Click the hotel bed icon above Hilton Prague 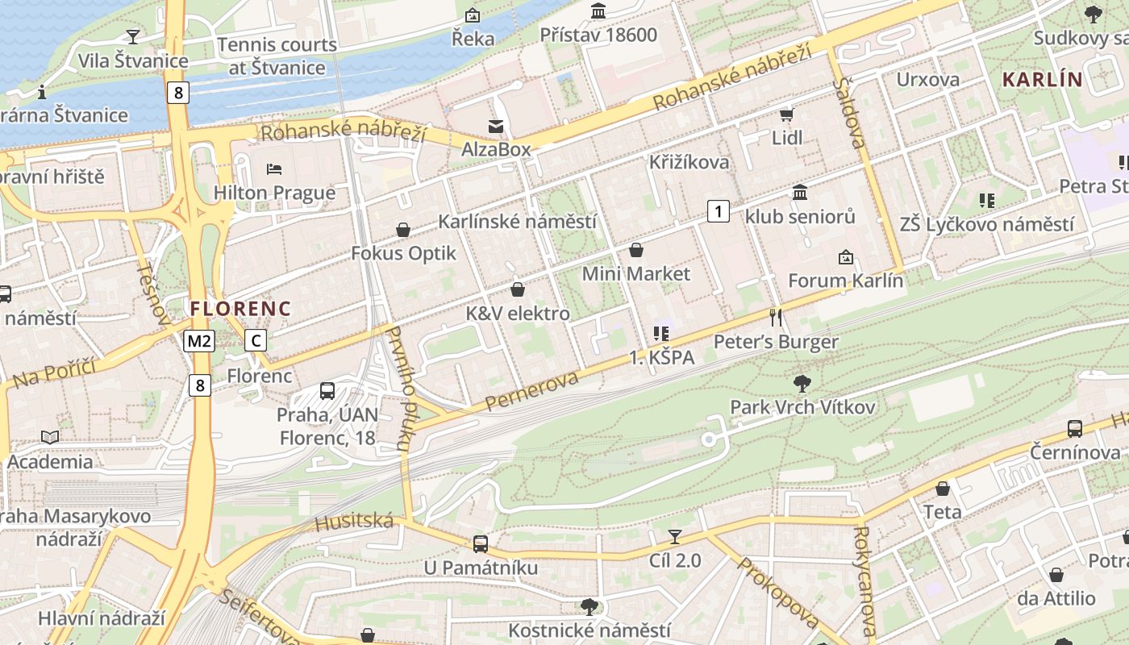coord(274,169)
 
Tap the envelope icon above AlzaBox coord(495,126)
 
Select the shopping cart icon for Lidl coord(786,114)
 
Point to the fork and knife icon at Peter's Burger coord(776,318)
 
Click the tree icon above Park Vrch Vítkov coord(802,383)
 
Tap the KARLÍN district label coord(1042,79)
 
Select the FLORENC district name coord(240,308)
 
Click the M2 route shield coord(199,341)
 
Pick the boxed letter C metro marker coord(256,341)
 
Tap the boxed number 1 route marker coord(718,212)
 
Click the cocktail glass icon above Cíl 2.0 coord(675,536)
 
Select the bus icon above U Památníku coord(481,543)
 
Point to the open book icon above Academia coord(50,437)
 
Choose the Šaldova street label coord(850,113)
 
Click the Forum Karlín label coord(845,281)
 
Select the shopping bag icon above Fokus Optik coord(403,231)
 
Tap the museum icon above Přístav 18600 coord(598,11)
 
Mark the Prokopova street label coord(778,593)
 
